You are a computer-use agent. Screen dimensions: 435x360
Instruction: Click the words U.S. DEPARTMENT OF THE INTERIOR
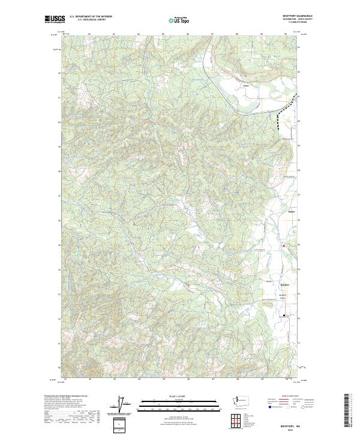(91, 16)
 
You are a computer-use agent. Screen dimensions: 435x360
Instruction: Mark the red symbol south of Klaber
(284, 245)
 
